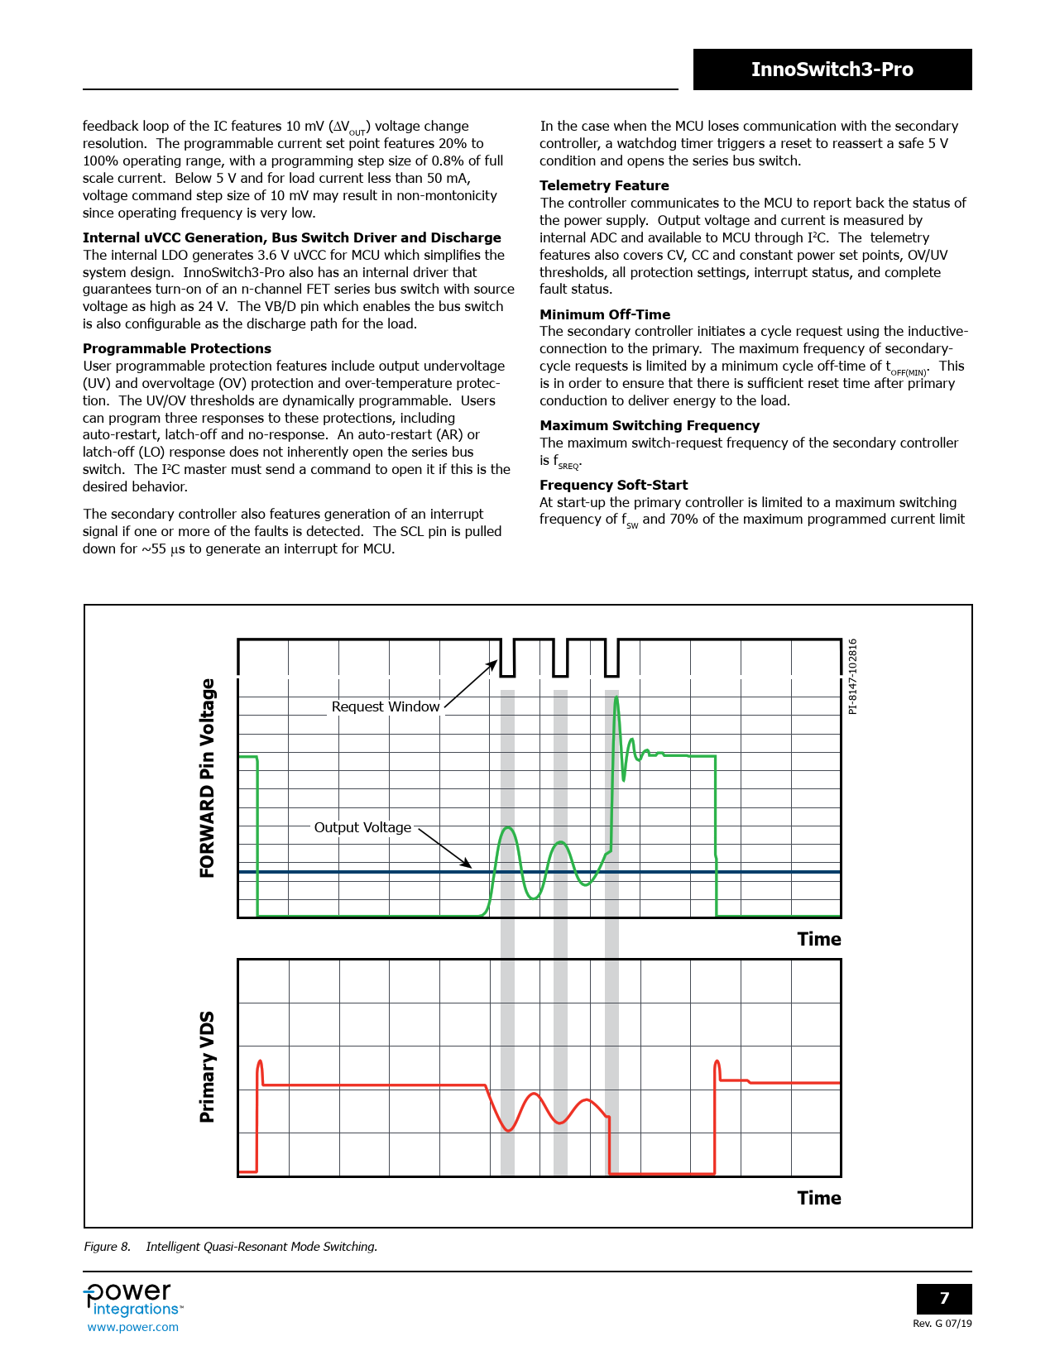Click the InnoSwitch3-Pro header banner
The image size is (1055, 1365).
[x=832, y=69]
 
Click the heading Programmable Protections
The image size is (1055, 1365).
[x=177, y=349]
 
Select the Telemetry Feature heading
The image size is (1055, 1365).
[x=604, y=186]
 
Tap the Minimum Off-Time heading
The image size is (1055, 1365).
[x=605, y=315]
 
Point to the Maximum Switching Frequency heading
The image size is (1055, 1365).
[x=650, y=426]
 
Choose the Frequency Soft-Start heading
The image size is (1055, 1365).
[x=613, y=486]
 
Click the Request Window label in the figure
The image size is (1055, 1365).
[x=385, y=707]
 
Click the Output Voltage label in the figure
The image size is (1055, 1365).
[x=362, y=828]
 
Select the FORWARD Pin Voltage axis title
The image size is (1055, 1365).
[x=207, y=778]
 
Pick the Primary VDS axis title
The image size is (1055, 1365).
[x=207, y=1066]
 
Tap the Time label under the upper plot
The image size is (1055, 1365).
[x=818, y=940]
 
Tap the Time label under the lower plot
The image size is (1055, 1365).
[x=818, y=1199]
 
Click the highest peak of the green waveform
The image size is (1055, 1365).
[x=616, y=699]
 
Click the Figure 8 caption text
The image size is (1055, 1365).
[x=230, y=1247]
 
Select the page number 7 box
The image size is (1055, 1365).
[x=943, y=1299]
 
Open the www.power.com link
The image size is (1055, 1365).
[x=133, y=1327]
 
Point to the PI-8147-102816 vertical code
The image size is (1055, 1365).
[x=853, y=676]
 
